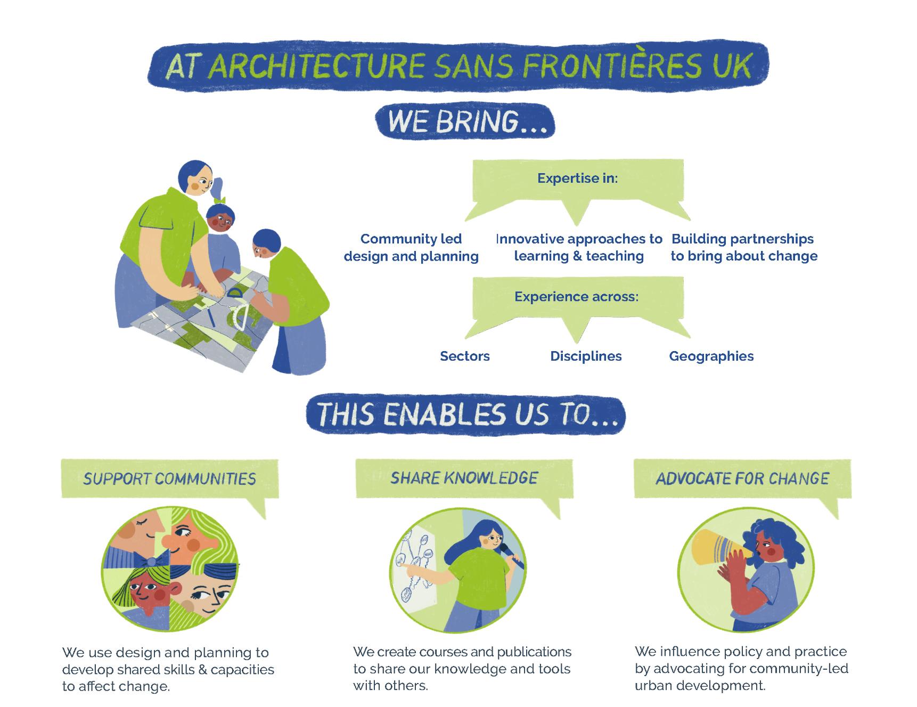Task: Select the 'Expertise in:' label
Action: pyautogui.click(x=577, y=178)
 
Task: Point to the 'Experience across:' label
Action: pyautogui.click(x=576, y=296)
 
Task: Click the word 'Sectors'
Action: pyautogui.click(x=464, y=356)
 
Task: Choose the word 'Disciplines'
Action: pyautogui.click(x=586, y=356)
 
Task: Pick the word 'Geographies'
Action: pyautogui.click(x=711, y=356)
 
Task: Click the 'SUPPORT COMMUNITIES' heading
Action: pyautogui.click(x=169, y=478)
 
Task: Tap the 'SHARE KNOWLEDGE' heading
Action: pyautogui.click(x=464, y=477)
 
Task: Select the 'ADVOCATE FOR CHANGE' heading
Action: pyautogui.click(x=742, y=478)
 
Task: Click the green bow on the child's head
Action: pyautogui.click(x=220, y=201)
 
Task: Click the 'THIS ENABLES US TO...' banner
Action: pyautogui.click(x=465, y=415)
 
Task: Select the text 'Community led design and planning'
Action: pyautogui.click(x=411, y=247)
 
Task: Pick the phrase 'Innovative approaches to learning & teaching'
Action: pyautogui.click(x=579, y=247)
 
